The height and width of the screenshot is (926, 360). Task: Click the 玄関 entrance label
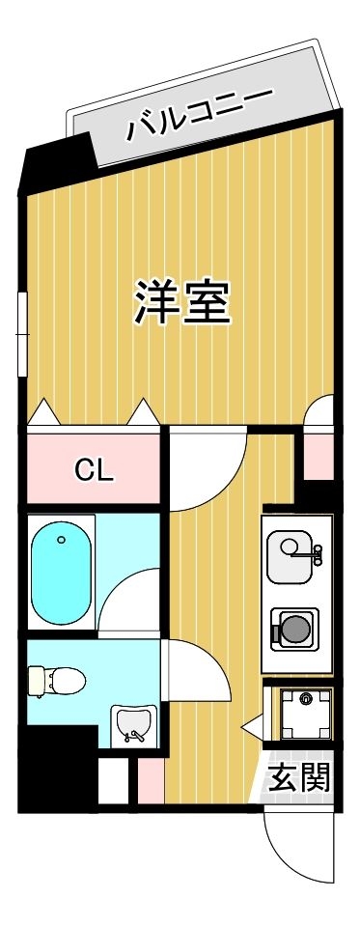click(299, 776)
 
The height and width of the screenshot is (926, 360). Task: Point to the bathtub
click(61, 572)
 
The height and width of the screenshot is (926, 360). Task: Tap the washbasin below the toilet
click(131, 724)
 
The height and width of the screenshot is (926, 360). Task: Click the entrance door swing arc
click(290, 850)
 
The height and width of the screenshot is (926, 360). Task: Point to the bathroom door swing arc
click(130, 603)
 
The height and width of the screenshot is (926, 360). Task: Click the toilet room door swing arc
click(198, 676)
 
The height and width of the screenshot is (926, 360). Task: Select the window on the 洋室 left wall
click(22, 333)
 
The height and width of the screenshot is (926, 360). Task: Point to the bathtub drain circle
click(62, 541)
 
